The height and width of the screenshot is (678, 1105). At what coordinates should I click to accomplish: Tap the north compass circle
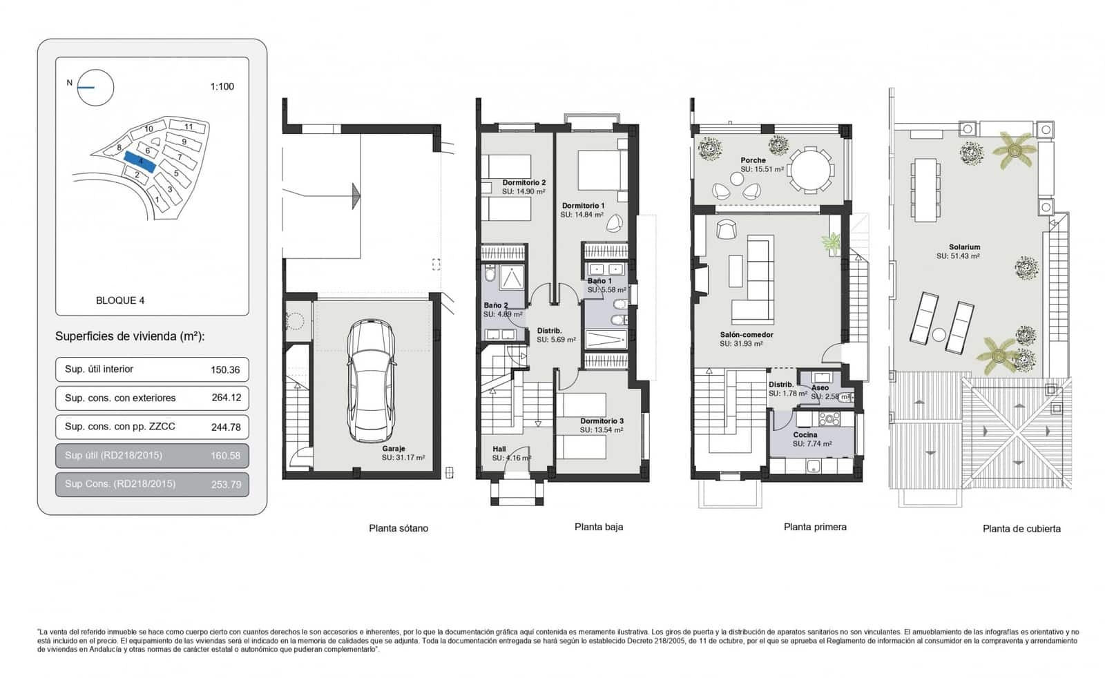[x=95, y=88]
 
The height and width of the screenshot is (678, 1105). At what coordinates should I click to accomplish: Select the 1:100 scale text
[x=222, y=86]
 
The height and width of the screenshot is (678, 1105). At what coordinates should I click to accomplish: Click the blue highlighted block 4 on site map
[x=140, y=161]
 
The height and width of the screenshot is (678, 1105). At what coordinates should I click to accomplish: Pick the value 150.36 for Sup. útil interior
[x=225, y=369]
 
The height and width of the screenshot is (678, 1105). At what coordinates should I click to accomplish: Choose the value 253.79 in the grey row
[x=226, y=484]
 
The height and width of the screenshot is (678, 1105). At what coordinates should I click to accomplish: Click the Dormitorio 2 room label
[x=523, y=182]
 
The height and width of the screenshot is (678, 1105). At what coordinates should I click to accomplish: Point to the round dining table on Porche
[x=811, y=169]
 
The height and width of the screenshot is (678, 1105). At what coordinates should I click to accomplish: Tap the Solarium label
[x=964, y=246]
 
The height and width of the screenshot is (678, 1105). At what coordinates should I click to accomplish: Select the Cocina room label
[x=805, y=434]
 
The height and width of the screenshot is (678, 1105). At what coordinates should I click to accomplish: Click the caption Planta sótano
[x=398, y=528]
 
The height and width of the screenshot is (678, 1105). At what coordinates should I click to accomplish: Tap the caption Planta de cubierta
[x=1021, y=529]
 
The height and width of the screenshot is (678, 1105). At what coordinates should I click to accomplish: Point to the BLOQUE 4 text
[x=120, y=300]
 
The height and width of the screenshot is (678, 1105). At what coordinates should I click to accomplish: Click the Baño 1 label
[x=599, y=281]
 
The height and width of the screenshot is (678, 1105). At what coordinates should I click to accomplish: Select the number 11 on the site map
[x=189, y=127]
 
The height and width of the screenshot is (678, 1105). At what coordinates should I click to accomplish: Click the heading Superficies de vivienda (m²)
[x=130, y=336]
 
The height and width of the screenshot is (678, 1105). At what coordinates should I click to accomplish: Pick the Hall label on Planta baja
[x=499, y=449]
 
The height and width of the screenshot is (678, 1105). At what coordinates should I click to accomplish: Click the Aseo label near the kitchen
[x=820, y=387]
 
